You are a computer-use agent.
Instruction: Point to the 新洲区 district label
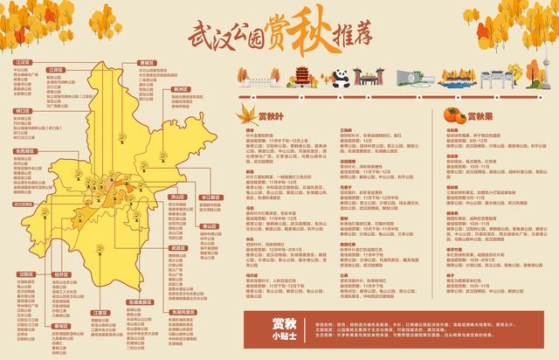(181, 89)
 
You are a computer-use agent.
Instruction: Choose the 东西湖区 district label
(25, 151)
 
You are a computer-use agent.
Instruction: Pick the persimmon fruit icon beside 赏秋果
(453, 114)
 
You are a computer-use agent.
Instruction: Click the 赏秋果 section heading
(481, 114)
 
